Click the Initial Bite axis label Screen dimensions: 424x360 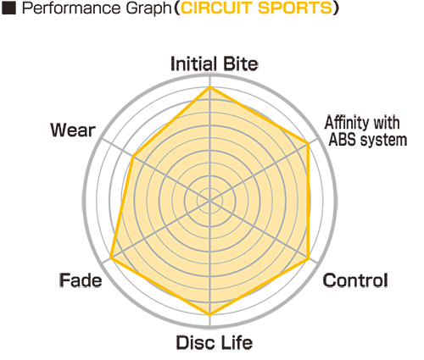click(215, 64)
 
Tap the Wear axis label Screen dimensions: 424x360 click(73, 130)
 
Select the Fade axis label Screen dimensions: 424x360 click(81, 280)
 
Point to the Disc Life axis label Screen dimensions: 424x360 click(215, 342)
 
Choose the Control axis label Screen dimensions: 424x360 click(355, 280)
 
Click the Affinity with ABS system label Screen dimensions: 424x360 click(366, 131)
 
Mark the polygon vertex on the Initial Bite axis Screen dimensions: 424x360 click(209, 88)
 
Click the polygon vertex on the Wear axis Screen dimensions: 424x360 click(133, 156)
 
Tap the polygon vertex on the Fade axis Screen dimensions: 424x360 click(111, 258)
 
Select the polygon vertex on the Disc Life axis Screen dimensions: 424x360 click(209, 314)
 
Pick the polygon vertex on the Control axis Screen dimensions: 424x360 click(308, 258)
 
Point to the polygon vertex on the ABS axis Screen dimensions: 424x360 click(308, 144)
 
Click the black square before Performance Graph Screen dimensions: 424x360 click(8, 8)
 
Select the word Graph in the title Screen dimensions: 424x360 click(148, 9)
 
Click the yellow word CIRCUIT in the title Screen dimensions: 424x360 click(217, 8)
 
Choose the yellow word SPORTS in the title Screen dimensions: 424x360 click(294, 8)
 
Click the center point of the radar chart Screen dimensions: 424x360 click(209, 201)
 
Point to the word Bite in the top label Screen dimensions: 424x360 click(240, 64)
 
